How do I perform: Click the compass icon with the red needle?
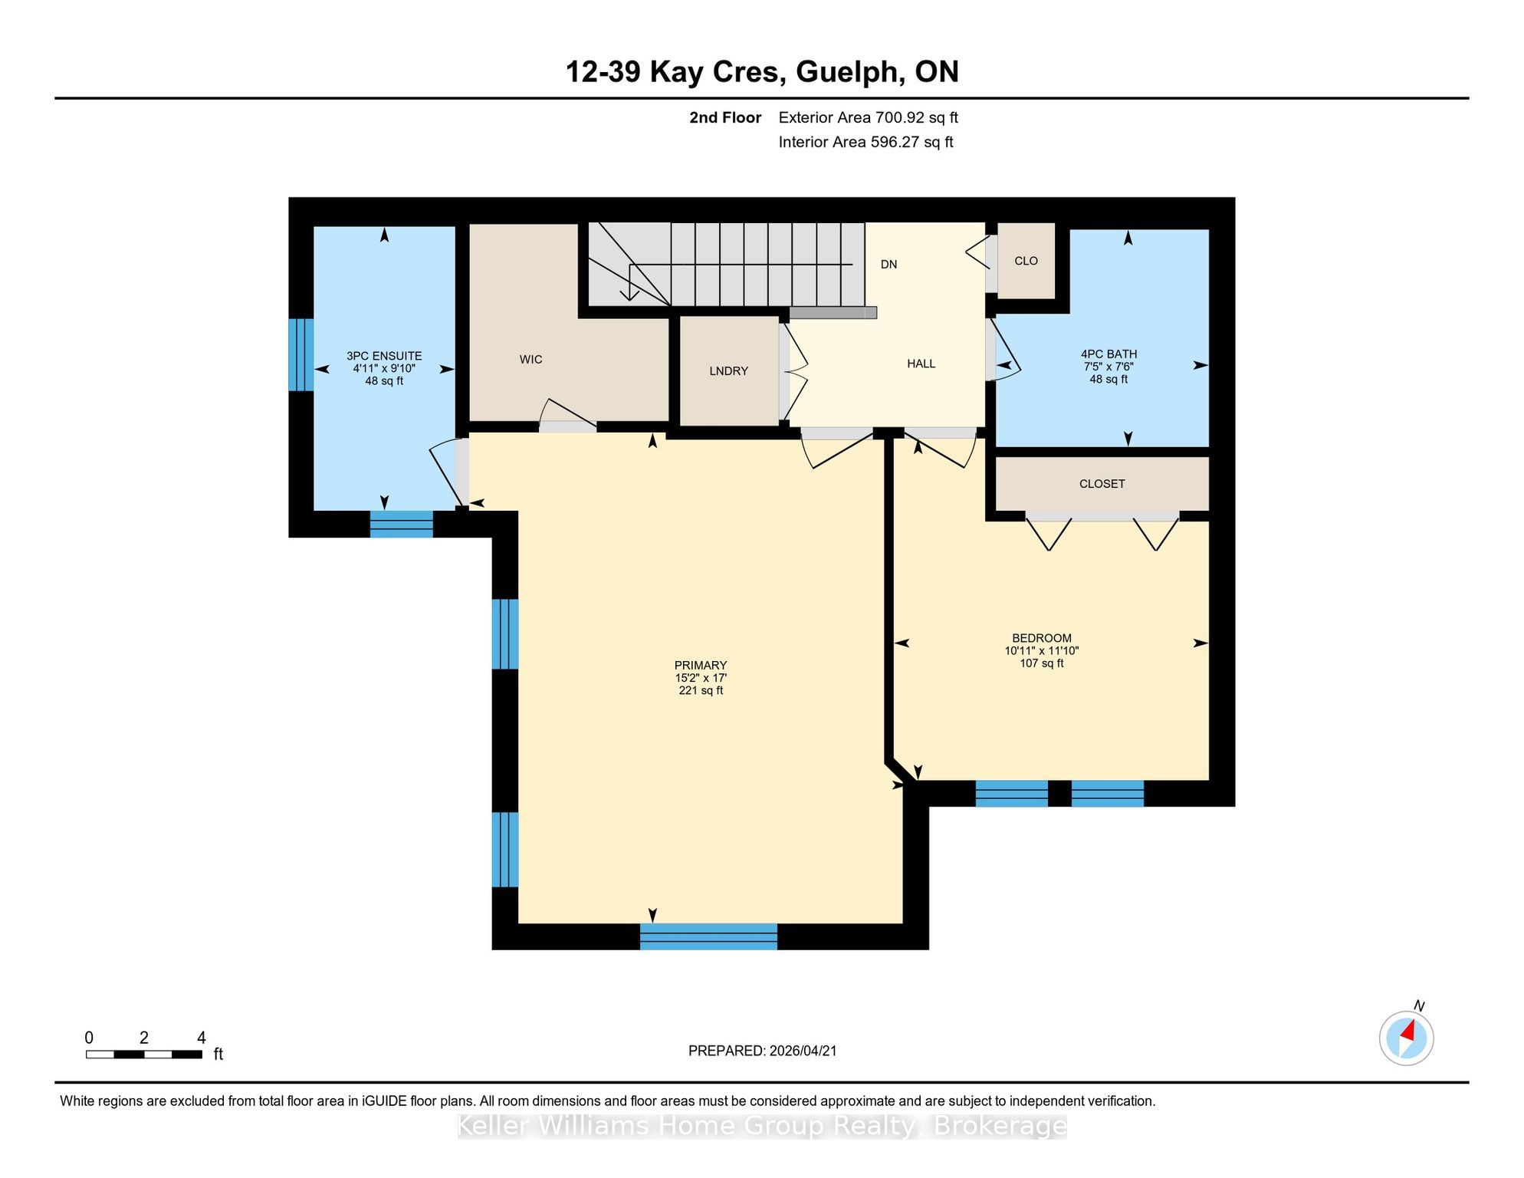[1406, 1038]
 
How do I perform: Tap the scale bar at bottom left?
[144, 1054]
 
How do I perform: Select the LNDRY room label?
[728, 371]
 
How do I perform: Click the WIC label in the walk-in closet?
[530, 359]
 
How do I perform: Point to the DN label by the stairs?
[888, 265]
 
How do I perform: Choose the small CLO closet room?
[1026, 261]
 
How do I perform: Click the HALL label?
[921, 364]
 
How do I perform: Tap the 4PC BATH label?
[1109, 354]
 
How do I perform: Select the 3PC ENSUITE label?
[384, 356]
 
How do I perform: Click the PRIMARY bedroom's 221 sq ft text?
[701, 690]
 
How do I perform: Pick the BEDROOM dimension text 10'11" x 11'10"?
[1041, 650]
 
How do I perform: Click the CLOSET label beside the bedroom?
[1102, 484]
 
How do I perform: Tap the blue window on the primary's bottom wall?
[708, 936]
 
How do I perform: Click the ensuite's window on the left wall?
[301, 354]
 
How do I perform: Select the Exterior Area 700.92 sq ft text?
[868, 117]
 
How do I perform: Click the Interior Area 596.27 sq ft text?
[865, 142]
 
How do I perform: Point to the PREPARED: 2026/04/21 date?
[762, 1051]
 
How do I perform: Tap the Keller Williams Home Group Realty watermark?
[762, 1126]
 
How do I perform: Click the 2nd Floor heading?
[724, 117]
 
